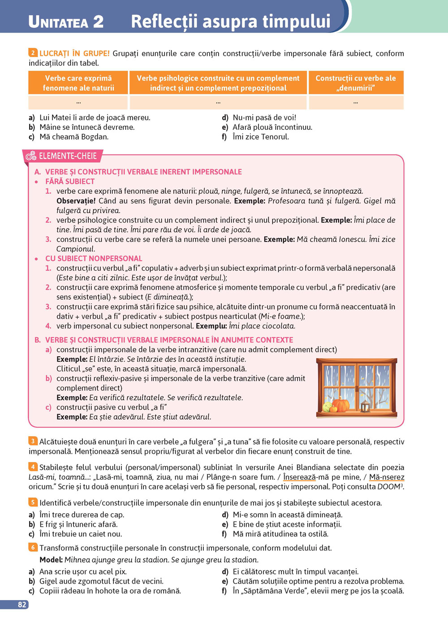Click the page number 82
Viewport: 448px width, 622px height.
22,605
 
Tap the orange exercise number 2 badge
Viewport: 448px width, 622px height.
33,53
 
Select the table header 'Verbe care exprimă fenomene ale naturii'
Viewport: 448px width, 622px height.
78,83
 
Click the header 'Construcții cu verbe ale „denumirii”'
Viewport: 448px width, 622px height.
356,83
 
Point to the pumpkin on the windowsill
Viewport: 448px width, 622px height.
340,405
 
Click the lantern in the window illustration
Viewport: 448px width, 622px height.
366,406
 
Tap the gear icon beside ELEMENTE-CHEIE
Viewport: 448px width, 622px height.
31,156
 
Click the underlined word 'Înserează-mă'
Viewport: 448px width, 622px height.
299,477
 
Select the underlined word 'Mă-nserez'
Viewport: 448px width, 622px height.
386,477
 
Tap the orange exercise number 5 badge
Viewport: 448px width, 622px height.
33,502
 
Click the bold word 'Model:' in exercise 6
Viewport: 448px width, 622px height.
51,560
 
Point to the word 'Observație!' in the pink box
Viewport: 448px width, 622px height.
76,201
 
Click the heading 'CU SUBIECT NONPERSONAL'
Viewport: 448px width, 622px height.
94,259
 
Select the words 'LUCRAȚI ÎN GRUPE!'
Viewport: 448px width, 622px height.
74,53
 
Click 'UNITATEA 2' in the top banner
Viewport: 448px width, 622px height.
66,21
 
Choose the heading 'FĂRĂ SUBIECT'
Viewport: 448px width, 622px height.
70,182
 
